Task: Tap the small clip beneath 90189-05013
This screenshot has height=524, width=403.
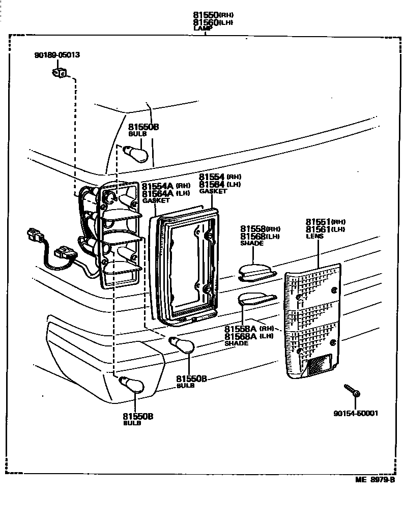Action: [x=59, y=73]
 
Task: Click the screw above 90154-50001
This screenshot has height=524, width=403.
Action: [x=351, y=390]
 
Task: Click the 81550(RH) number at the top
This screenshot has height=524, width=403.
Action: [x=213, y=15]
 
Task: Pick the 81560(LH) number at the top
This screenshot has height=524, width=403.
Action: [x=213, y=22]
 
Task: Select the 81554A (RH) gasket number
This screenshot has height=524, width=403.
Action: [x=166, y=186]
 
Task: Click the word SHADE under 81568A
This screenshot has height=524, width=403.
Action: [x=236, y=343]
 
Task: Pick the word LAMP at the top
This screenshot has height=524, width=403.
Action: [x=202, y=29]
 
